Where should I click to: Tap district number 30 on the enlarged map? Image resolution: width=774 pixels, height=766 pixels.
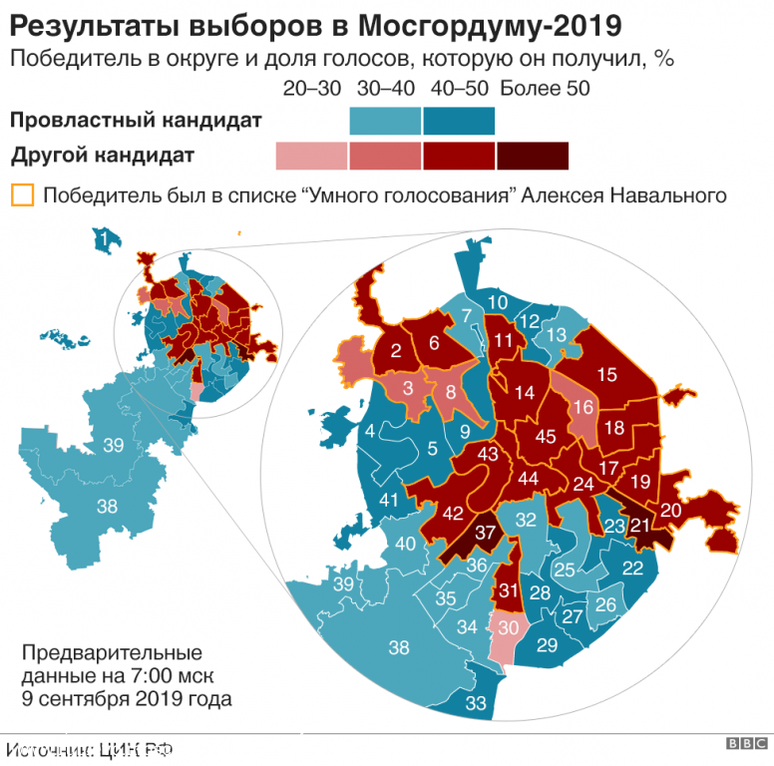pyautogui.click(x=509, y=628)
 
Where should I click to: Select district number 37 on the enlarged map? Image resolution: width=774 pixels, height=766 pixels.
pyautogui.click(x=486, y=532)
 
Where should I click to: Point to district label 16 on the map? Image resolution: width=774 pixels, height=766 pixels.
pyautogui.click(x=582, y=406)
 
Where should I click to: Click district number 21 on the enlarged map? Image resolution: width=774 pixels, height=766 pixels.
pyautogui.click(x=640, y=526)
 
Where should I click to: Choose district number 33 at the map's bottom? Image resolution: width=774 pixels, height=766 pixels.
pyautogui.click(x=477, y=703)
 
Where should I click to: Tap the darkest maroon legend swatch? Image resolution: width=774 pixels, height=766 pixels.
pyautogui.click(x=533, y=156)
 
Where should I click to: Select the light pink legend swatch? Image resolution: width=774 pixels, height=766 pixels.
pyautogui.click(x=311, y=156)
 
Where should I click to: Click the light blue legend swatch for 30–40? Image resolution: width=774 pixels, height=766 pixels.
pyautogui.click(x=386, y=121)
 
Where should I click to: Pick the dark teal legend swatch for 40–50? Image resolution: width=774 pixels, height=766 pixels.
pyautogui.click(x=459, y=121)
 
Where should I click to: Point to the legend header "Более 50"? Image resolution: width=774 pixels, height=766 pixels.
pyautogui.click(x=545, y=88)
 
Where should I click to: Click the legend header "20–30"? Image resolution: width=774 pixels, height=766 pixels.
pyautogui.click(x=311, y=88)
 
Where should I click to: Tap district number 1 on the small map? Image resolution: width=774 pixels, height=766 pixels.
pyautogui.click(x=102, y=237)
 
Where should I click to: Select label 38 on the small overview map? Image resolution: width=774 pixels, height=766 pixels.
pyautogui.click(x=108, y=507)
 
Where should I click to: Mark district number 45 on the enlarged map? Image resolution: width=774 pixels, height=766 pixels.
pyautogui.click(x=546, y=436)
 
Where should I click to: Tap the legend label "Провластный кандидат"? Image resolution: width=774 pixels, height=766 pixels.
pyautogui.click(x=136, y=121)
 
